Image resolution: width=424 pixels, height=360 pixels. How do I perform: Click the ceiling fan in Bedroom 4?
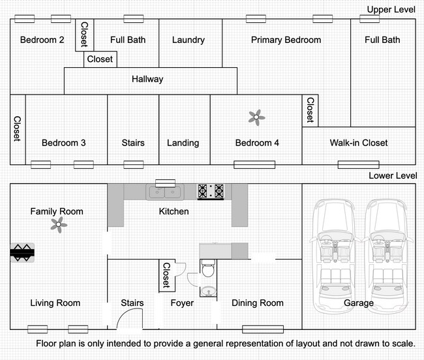click(256, 117)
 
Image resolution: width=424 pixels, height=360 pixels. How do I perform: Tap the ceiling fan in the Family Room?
click(59, 225)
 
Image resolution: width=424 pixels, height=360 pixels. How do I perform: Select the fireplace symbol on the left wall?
click(22, 252)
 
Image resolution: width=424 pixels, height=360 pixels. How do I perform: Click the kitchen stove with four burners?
click(211, 191)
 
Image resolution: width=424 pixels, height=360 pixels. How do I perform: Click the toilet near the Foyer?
click(208, 268)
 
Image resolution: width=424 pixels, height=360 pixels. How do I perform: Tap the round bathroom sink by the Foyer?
click(208, 290)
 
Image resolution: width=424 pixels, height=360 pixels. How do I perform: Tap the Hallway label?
click(147, 80)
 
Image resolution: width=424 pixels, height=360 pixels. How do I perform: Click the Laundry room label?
click(189, 40)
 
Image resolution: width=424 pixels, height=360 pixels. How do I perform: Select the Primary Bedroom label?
click(286, 40)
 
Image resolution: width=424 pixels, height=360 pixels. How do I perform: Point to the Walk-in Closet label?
click(359, 143)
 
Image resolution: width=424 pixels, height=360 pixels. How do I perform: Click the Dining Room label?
click(258, 303)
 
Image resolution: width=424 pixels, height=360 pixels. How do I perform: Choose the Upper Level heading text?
click(391, 10)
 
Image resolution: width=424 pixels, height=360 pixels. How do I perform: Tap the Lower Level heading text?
click(392, 175)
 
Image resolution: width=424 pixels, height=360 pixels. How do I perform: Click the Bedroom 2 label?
click(42, 40)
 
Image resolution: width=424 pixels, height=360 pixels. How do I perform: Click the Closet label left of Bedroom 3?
click(17, 128)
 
